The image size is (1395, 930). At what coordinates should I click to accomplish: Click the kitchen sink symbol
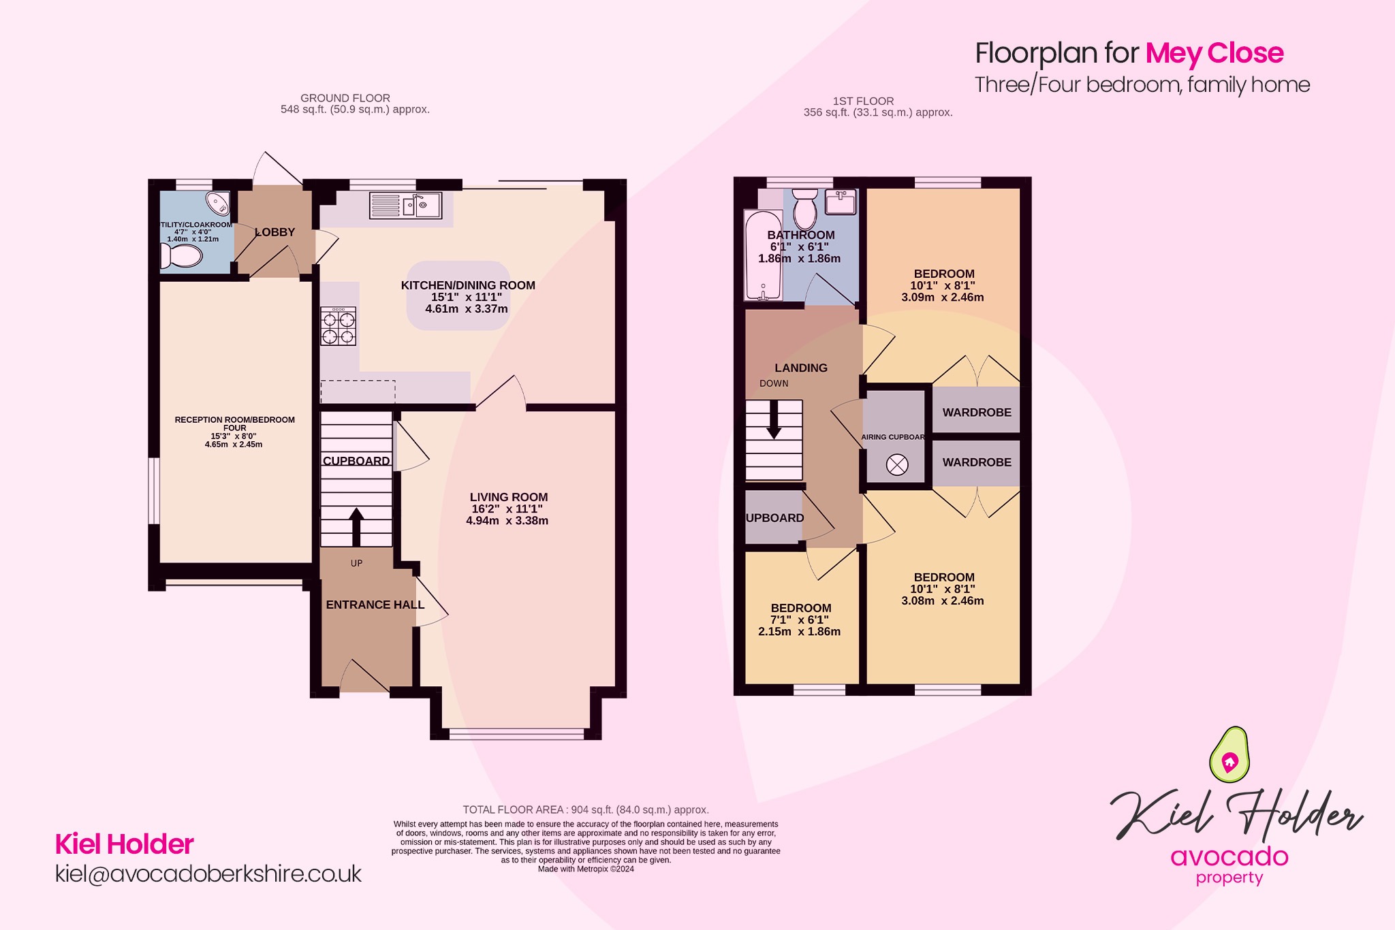tap(405, 205)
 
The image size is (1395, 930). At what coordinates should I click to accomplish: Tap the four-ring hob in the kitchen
tap(339, 327)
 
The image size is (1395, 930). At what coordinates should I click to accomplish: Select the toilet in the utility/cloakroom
tap(182, 256)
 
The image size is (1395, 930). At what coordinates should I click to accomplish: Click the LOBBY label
tap(275, 232)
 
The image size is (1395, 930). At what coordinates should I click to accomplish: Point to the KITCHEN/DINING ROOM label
tap(468, 285)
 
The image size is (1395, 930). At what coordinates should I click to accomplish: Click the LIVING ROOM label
tap(508, 497)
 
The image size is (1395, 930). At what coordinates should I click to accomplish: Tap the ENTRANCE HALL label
tap(375, 605)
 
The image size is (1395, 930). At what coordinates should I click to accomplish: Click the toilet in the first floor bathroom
tap(806, 207)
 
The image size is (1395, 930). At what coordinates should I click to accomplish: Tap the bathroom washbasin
tap(841, 202)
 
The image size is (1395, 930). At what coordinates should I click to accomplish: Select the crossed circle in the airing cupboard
tap(897, 466)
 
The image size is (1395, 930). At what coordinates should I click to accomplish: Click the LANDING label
tap(800, 368)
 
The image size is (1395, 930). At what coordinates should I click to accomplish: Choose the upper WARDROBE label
tap(976, 412)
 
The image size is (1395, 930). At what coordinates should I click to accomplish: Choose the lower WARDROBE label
tap(976, 462)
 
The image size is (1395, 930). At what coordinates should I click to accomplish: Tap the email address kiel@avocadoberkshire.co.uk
tap(208, 874)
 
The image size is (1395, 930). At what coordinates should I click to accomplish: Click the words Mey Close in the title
tap(1214, 53)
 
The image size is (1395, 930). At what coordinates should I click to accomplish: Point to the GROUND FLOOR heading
tap(345, 98)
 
